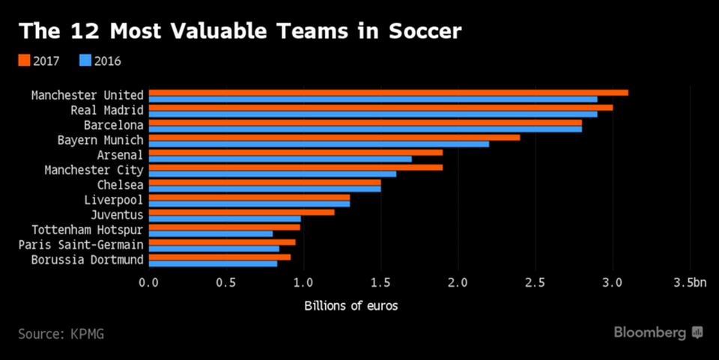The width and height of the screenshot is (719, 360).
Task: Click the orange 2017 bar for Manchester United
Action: (x=388, y=93)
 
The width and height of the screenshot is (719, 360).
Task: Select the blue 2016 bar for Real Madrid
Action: (x=373, y=114)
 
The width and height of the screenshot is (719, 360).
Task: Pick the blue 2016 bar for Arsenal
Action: (x=280, y=159)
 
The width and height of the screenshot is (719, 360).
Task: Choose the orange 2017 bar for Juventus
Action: (x=241, y=213)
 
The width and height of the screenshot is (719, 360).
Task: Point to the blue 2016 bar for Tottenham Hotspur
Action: (x=210, y=234)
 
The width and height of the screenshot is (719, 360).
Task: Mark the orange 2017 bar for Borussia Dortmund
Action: (x=219, y=257)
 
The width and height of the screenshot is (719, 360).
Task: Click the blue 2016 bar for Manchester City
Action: (x=273, y=174)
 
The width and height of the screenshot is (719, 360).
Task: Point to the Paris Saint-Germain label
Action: (x=81, y=245)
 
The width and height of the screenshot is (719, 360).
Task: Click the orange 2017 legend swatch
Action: (x=24, y=61)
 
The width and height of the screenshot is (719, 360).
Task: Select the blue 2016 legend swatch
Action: (x=85, y=61)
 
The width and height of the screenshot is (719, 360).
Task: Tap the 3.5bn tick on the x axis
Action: (x=690, y=282)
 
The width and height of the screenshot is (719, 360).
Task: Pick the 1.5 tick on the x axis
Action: (x=380, y=282)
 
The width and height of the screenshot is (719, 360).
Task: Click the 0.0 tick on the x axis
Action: (x=149, y=282)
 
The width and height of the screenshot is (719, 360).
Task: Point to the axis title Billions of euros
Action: (x=351, y=305)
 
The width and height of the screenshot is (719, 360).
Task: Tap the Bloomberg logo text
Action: (x=650, y=332)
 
